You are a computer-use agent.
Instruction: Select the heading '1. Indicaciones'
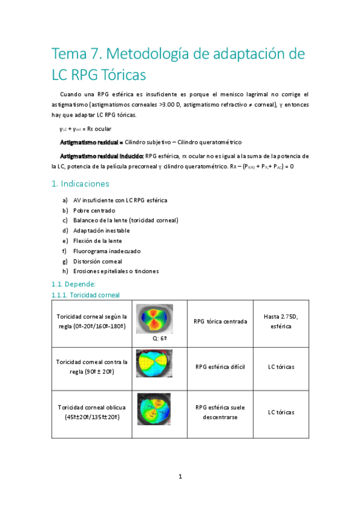coord(81,183)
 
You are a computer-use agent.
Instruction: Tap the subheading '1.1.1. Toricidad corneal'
coord(86,295)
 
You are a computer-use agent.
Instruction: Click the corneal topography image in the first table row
coord(154,319)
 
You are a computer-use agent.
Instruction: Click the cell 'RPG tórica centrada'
coord(220,321)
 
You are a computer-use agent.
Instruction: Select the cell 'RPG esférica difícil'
coord(220,366)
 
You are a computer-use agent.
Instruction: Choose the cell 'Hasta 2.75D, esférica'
coord(277,321)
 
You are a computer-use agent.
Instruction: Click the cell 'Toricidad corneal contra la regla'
coord(91,366)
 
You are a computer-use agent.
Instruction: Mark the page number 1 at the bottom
coord(180,476)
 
